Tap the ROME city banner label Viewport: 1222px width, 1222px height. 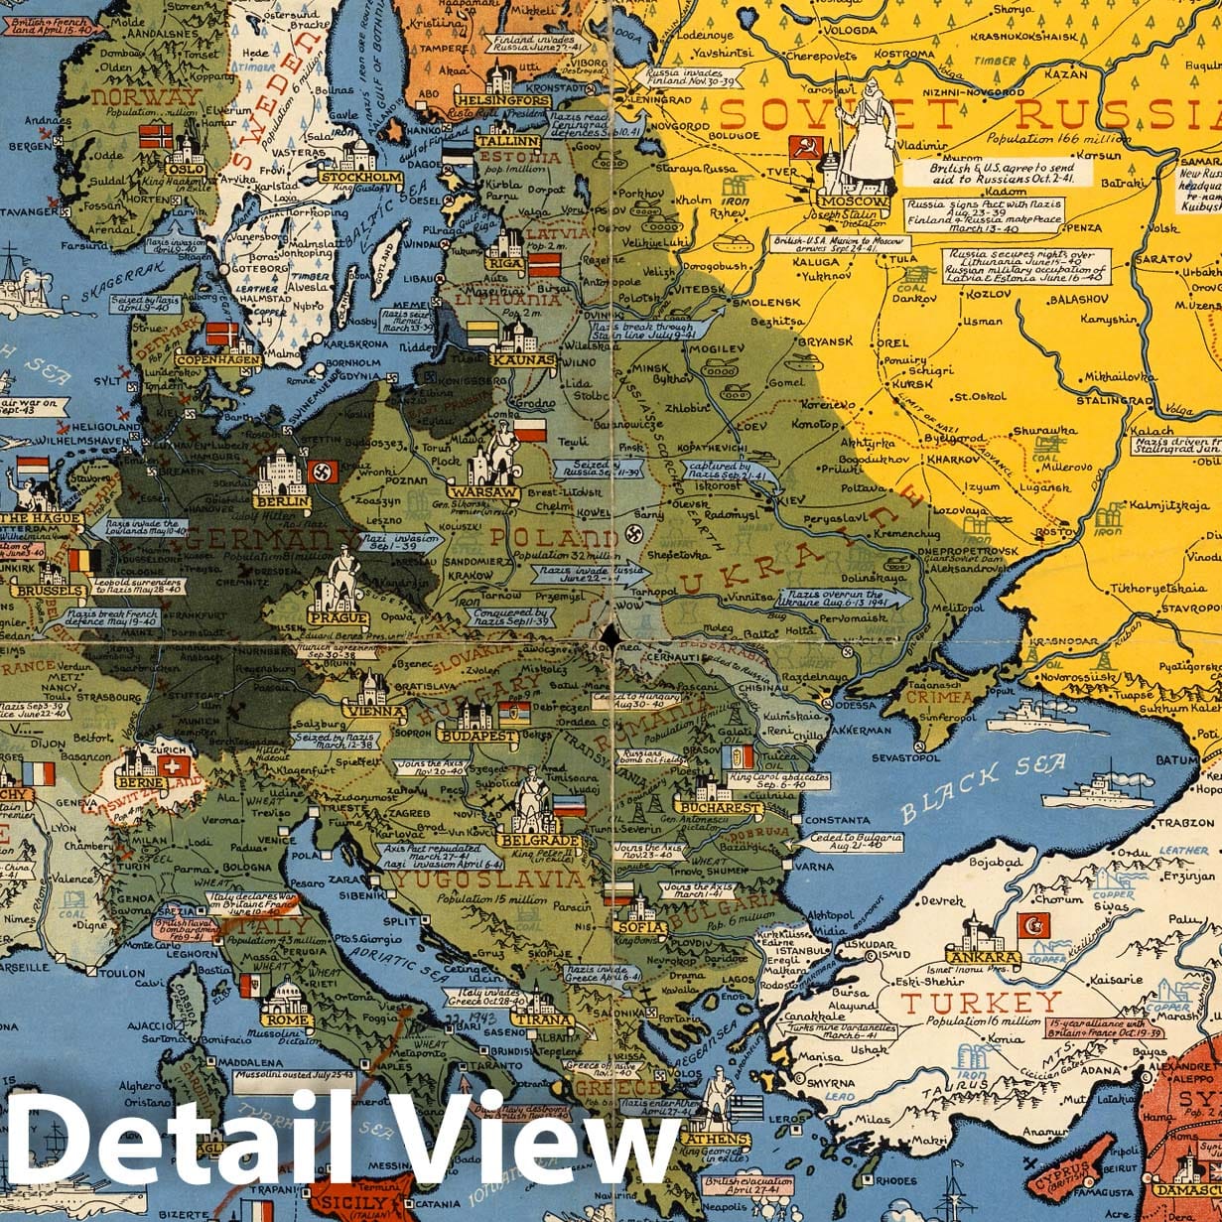click(287, 1018)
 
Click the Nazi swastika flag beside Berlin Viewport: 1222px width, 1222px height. click(325, 470)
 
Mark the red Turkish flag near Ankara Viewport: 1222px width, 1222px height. click(1033, 926)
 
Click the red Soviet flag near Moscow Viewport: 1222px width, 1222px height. click(802, 149)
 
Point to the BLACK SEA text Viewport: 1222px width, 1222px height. click(984, 788)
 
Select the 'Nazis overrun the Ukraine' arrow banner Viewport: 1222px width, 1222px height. click(832, 599)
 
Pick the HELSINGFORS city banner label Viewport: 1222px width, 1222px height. click(502, 101)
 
